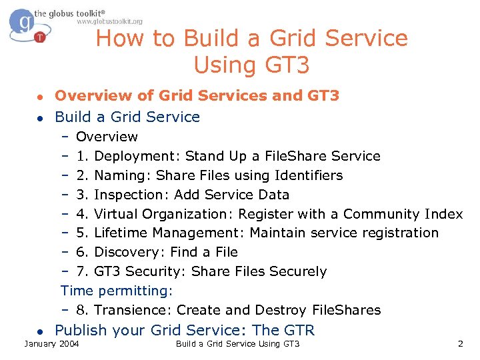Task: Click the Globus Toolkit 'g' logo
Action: pos(25,25)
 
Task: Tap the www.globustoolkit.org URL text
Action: pos(110,21)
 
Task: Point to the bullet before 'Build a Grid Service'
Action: pos(40,118)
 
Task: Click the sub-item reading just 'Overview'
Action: pos(107,137)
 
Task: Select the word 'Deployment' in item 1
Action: pos(138,157)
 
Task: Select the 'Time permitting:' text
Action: pos(117,291)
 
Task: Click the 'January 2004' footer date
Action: pos(51,344)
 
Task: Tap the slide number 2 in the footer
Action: pos(460,344)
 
